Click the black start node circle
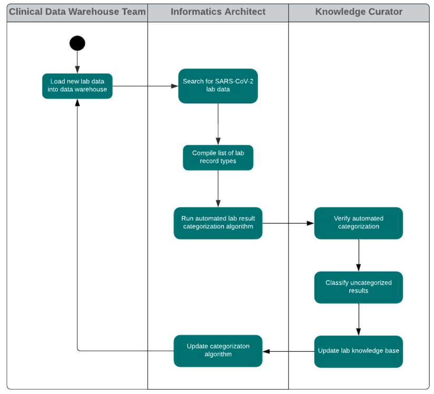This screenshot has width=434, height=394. pos(77,43)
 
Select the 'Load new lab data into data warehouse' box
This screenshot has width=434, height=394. pos(77,86)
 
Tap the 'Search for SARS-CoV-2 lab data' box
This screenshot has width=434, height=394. pos(218,86)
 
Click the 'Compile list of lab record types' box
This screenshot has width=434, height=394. pos(218,157)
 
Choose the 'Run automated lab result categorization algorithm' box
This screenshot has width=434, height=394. pos(218,223)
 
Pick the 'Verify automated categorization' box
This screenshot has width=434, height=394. pos(358,223)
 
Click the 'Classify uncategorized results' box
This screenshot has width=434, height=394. pos(358,287)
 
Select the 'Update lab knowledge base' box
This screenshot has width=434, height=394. pos(358,351)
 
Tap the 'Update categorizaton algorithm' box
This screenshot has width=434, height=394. pos(218,351)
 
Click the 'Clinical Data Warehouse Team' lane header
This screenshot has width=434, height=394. pos(77,12)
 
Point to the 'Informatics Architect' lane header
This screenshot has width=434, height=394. pos(218,12)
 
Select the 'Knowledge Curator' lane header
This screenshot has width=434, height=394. pos(359,12)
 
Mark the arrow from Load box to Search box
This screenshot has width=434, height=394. pos(145,86)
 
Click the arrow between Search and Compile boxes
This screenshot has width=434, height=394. pos(218,124)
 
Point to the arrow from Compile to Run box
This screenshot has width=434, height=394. pos(218,189)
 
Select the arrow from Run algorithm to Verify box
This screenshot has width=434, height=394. pos(288,223)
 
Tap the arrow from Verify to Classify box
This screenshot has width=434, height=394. pos(359,255)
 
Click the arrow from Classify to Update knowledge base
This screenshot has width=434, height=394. pos(359,319)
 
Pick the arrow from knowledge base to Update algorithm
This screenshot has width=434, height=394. pos(288,351)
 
